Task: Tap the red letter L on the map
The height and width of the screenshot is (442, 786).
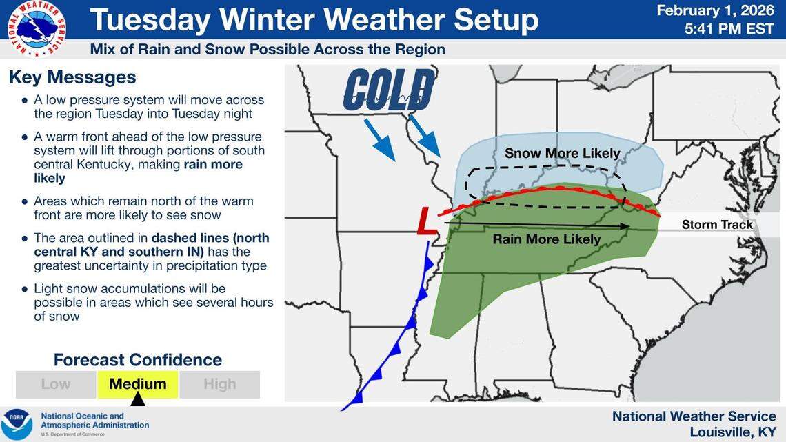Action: [x=426, y=223]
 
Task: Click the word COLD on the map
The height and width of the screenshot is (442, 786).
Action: [x=389, y=90]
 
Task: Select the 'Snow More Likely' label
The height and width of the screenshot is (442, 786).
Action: [x=562, y=153]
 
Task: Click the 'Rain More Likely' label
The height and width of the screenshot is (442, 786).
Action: [x=546, y=240]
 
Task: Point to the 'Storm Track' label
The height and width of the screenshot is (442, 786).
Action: [x=717, y=225]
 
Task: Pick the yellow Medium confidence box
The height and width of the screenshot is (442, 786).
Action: [x=138, y=384]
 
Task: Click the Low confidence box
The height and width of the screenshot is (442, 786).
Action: [x=56, y=384]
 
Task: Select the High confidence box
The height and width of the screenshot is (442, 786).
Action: [x=219, y=384]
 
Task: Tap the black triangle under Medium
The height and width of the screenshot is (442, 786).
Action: [x=138, y=399]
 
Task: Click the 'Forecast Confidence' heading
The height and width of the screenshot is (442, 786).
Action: [x=138, y=360]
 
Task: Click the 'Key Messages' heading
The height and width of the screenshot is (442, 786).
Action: [x=72, y=77]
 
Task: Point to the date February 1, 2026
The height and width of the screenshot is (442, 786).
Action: [x=716, y=10]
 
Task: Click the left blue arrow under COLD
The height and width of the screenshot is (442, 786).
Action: [x=379, y=139]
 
